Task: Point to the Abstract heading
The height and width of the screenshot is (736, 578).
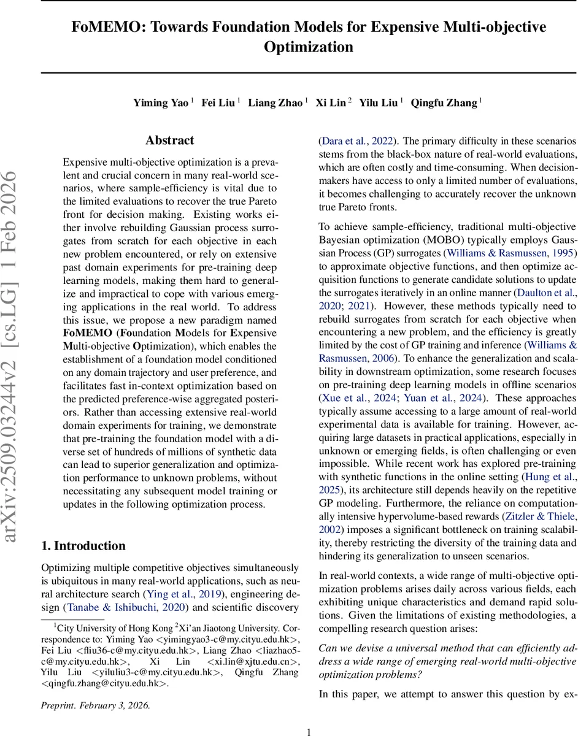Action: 170,140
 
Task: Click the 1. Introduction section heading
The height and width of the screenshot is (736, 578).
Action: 83,545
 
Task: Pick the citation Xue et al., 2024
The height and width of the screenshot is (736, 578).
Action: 349,398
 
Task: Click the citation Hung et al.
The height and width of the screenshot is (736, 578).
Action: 549,477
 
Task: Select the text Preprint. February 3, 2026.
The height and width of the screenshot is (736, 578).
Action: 95,705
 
